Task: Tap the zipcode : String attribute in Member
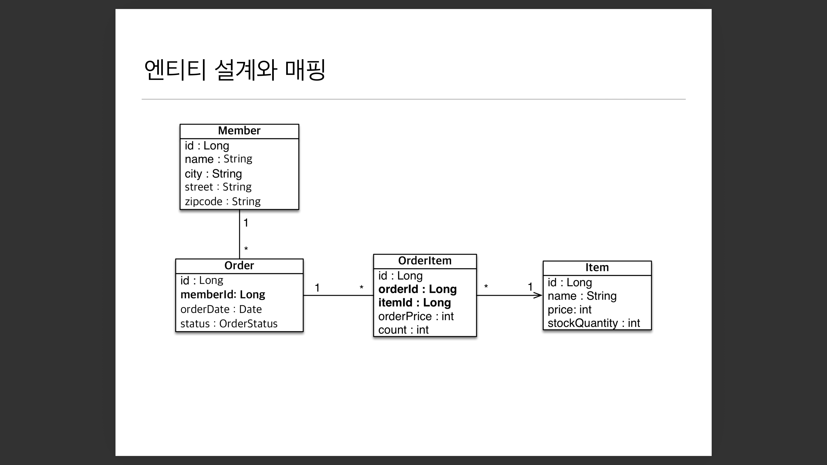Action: [222, 201]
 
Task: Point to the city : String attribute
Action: [213, 174]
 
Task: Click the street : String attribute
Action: [218, 187]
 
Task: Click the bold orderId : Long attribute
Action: [417, 289]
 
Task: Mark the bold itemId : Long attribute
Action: [414, 303]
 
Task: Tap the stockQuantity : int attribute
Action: [594, 323]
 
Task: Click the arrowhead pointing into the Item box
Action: [538, 295]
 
